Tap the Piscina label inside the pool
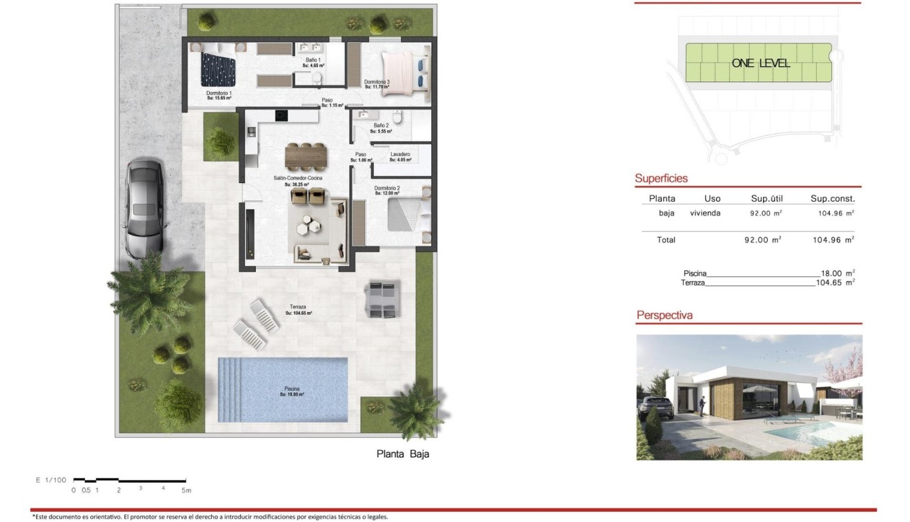point(292,391)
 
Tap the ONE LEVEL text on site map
point(760,64)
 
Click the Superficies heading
point(661,179)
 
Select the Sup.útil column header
point(766,199)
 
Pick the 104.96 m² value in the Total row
point(832,240)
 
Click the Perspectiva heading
point(664,316)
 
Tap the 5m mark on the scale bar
point(186,490)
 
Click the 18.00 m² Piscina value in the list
point(835,273)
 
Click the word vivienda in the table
point(704,213)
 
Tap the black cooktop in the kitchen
point(281,115)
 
